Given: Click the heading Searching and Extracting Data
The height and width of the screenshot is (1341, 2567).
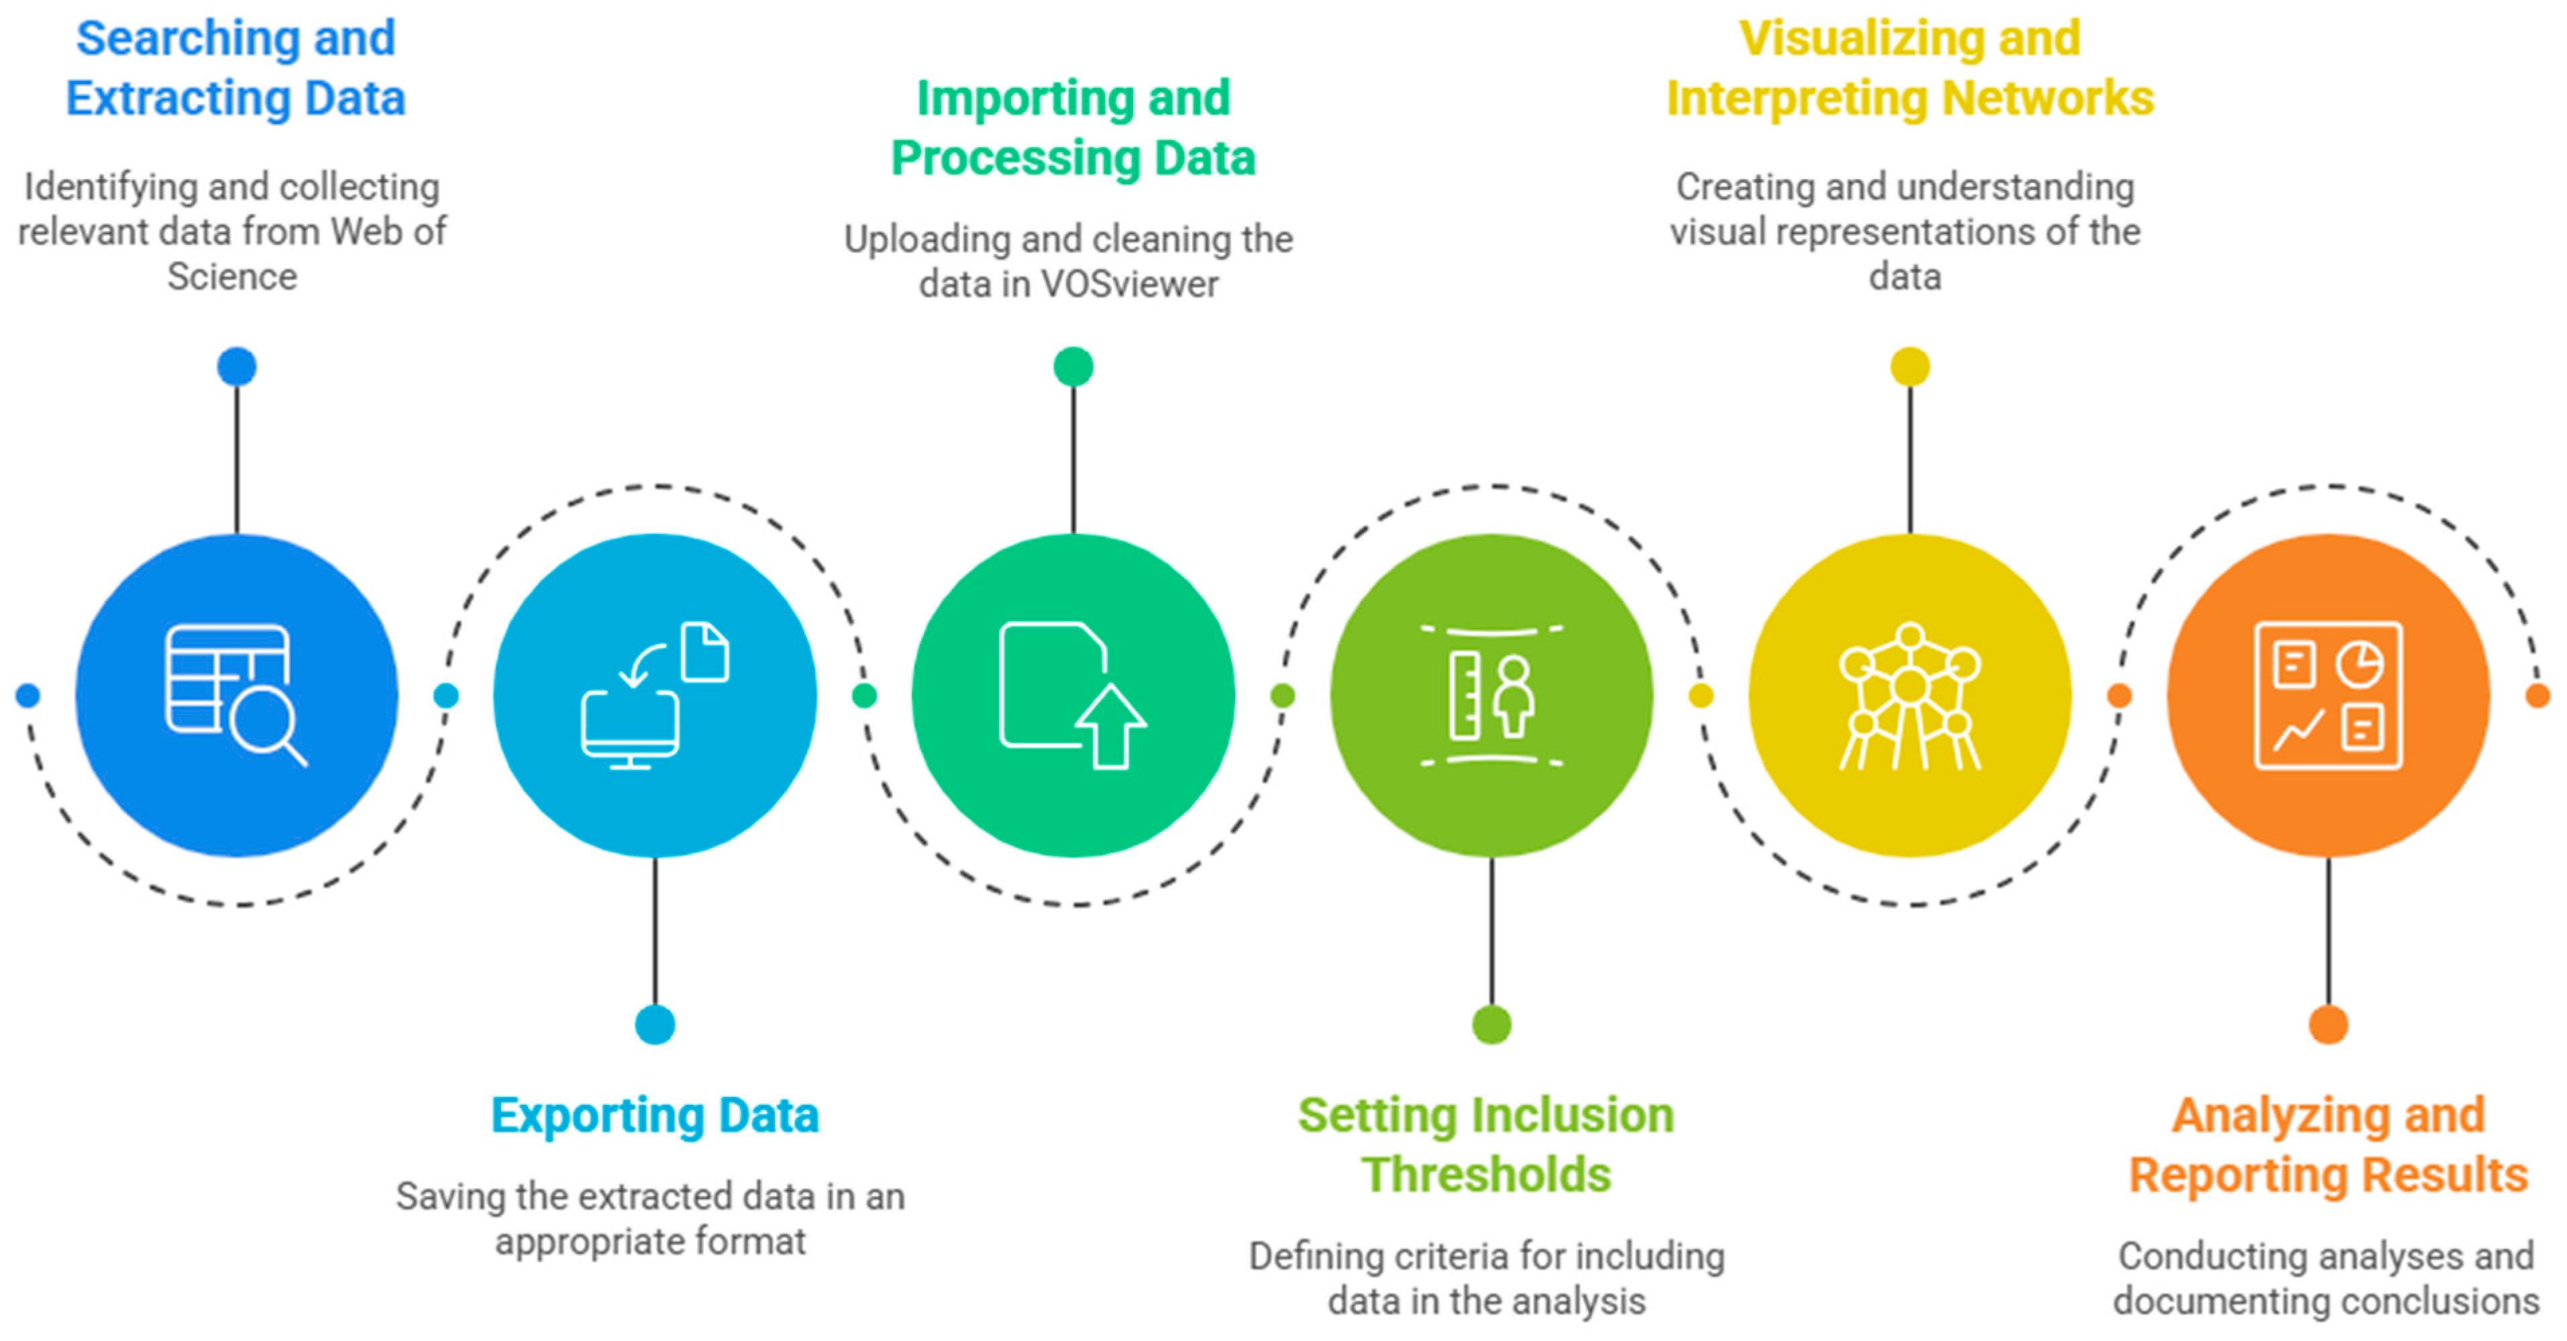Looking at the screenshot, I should tap(236, 68).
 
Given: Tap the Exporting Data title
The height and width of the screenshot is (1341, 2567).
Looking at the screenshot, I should tap(655, 1115).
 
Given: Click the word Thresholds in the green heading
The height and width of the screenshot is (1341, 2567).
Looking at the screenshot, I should tap(1486, 1175).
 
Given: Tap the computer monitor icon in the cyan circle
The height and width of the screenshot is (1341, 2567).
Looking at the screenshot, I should tap(630, 727).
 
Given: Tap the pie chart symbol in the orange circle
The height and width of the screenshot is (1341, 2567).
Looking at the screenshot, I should tap(2359, 665).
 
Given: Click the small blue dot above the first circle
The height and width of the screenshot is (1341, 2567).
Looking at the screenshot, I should tap(236, 367).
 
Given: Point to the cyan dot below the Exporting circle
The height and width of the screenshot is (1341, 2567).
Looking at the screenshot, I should tap(655, 1024).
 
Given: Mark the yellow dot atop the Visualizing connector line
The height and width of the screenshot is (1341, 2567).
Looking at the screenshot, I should tap(1909, 367).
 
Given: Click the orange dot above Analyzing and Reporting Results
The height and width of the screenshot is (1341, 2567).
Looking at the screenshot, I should tap(2328, 1024).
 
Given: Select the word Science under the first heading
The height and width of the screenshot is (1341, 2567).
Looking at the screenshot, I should tap(232, 277).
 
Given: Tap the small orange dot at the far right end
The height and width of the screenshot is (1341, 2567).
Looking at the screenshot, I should tap(2537, 696).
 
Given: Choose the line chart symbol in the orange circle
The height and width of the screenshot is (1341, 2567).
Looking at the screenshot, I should tap(2298, 731).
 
